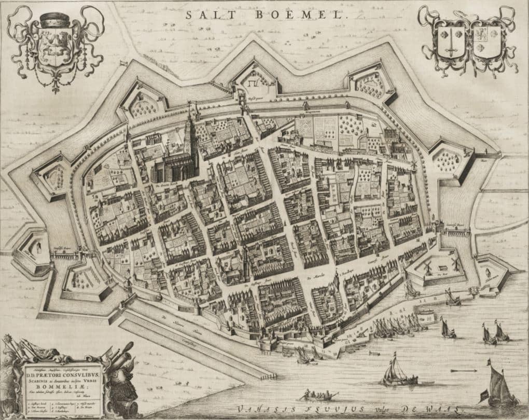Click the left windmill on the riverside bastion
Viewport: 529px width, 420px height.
coord(428,266)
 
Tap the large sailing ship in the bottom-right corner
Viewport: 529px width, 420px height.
coord(499,386)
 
